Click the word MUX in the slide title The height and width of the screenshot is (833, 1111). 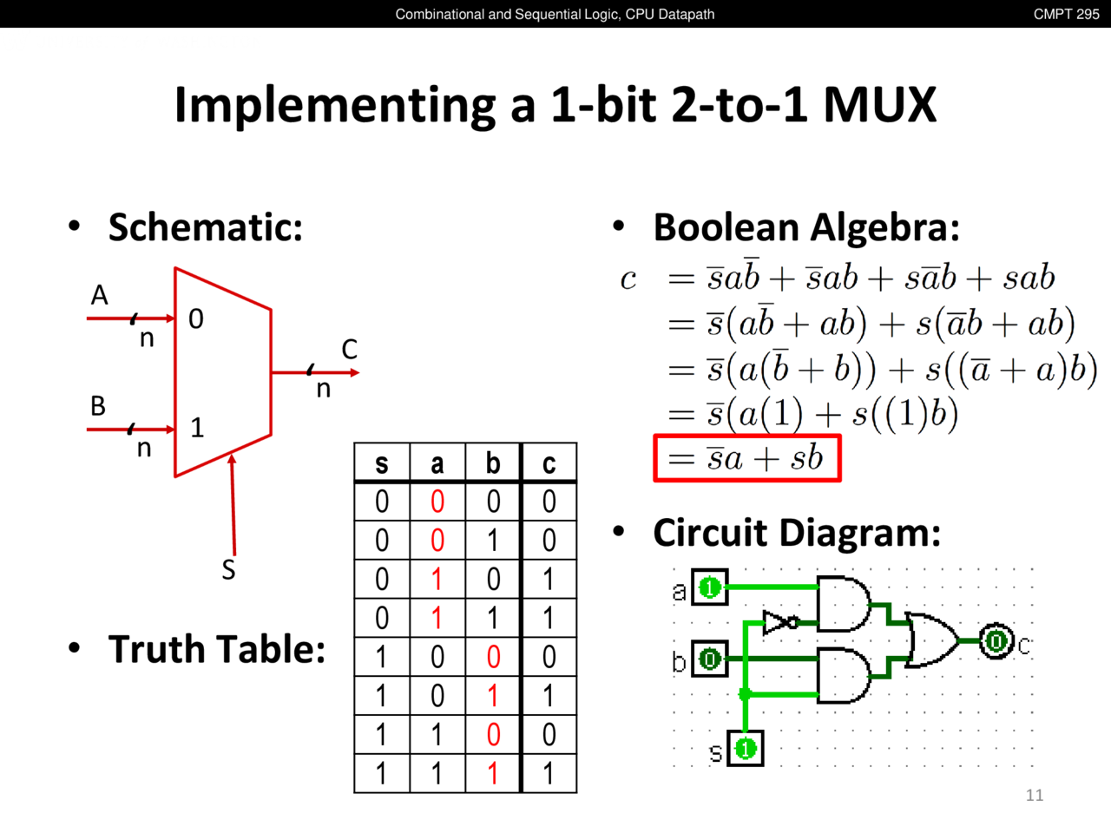pos(879,105)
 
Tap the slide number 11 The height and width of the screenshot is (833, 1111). pos(1034,795)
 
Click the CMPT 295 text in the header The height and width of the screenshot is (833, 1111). pos(1066,14)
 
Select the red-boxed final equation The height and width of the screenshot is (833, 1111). pos(747,458)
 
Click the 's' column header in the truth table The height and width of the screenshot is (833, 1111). pos(382,464)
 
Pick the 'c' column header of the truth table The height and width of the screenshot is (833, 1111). pos(549,464)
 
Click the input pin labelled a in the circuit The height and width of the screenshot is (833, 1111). pos(710,587)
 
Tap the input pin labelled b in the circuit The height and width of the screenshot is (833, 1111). pos(710,659)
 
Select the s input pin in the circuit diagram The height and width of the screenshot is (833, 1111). pos(746,748)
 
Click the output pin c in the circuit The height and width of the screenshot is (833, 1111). pos(996,641)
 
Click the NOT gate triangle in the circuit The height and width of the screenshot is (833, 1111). pos(777,622)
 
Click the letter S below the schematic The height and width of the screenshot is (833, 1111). pos(228,570)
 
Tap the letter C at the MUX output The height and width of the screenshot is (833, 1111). pos(349,350)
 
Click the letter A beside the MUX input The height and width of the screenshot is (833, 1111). pos(100,296)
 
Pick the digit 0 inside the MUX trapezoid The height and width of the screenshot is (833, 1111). pos(196,319)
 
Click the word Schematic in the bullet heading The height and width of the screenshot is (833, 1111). pos(205,227)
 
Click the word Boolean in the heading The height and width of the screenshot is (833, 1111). pos(726,227)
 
